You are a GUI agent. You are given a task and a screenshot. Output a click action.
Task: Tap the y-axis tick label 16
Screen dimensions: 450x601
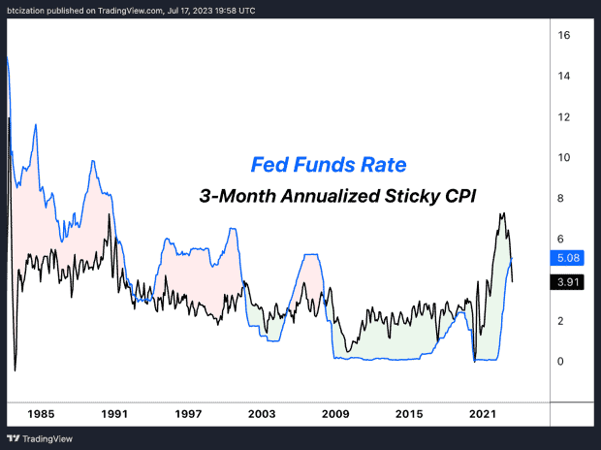(563, 36)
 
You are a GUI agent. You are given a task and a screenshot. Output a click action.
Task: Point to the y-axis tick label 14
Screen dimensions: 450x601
(563, 77)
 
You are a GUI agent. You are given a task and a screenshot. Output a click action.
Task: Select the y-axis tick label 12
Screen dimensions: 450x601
(563, 117)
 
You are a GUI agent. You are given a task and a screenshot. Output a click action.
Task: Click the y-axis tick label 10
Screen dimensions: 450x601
(563, 158)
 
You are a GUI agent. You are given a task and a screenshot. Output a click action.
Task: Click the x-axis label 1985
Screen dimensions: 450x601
(40, 414)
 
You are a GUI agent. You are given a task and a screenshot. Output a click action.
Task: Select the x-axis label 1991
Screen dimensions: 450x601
(114, 414)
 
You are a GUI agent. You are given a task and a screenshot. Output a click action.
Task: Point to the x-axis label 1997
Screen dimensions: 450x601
(188, 414)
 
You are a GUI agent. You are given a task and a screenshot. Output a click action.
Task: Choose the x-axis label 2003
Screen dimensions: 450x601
(262, 414)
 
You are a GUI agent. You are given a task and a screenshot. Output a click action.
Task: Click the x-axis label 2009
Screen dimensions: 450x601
(335, 414)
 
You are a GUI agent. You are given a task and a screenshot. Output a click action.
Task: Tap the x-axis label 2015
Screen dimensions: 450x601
(409, 414)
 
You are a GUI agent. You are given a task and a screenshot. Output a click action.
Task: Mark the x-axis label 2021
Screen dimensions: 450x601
(484, 414)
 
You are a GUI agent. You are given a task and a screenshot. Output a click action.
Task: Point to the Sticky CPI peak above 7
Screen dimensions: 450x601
(502, 214)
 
